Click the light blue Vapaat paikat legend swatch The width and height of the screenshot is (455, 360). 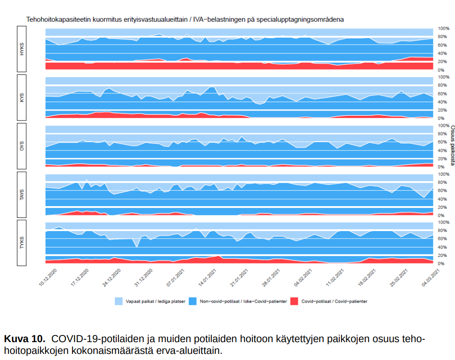(119, 301)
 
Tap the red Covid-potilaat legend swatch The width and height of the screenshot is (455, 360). (295, 301)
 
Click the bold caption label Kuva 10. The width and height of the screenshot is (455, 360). (24, 339)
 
